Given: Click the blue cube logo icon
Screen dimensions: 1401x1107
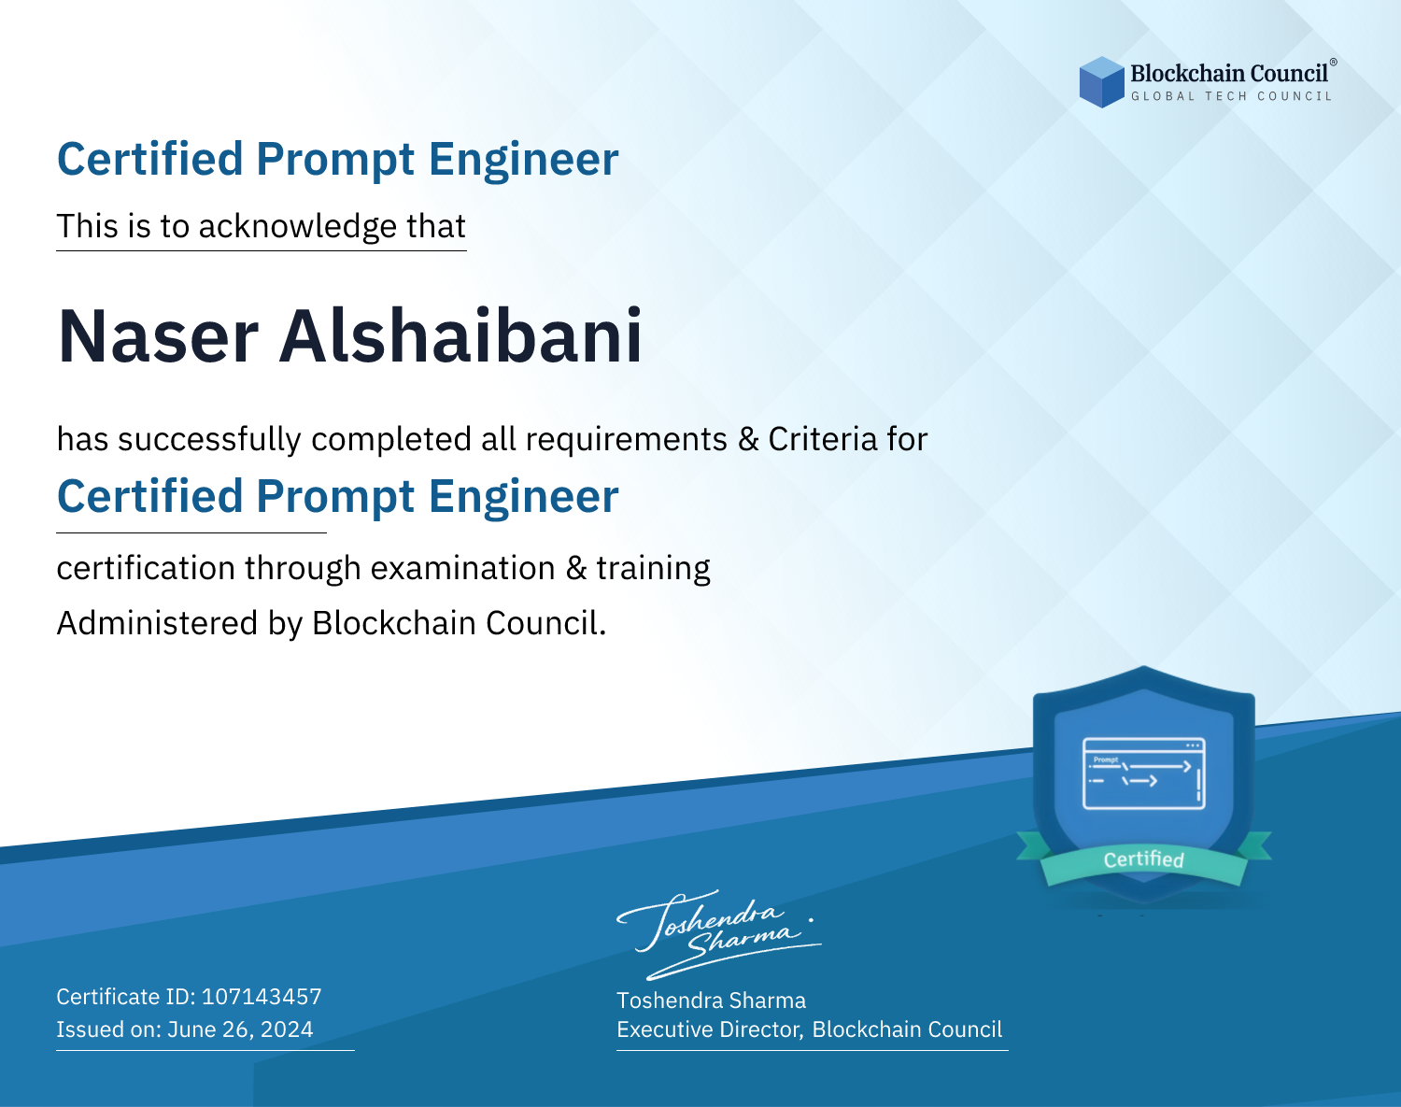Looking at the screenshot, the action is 1101,82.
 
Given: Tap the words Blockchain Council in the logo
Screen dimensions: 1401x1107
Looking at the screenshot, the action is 1228,74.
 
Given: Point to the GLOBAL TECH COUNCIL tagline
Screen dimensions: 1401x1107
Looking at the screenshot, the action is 1231,96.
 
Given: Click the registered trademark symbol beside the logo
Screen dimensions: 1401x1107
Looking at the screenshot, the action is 1333,63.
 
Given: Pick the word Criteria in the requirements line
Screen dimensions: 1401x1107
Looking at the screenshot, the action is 822,439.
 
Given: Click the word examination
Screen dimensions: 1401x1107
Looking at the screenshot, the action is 462,568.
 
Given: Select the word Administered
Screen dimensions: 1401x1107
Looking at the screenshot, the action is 157,623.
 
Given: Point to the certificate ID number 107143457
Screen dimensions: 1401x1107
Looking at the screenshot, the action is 262,996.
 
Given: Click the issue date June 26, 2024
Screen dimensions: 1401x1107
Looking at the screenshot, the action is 240,1029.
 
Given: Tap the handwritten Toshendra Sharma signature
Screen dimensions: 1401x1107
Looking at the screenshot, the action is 718,934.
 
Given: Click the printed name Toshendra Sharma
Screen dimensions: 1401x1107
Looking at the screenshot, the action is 711,1001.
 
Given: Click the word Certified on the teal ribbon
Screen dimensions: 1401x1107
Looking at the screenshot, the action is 1144,859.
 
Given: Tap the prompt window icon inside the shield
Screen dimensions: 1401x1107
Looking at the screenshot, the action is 1144,773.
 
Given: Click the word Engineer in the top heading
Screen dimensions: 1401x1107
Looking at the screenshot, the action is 523,160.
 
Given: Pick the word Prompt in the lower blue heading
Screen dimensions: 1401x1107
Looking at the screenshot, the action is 335,499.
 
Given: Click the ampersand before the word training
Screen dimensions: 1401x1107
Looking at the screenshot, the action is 576,568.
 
